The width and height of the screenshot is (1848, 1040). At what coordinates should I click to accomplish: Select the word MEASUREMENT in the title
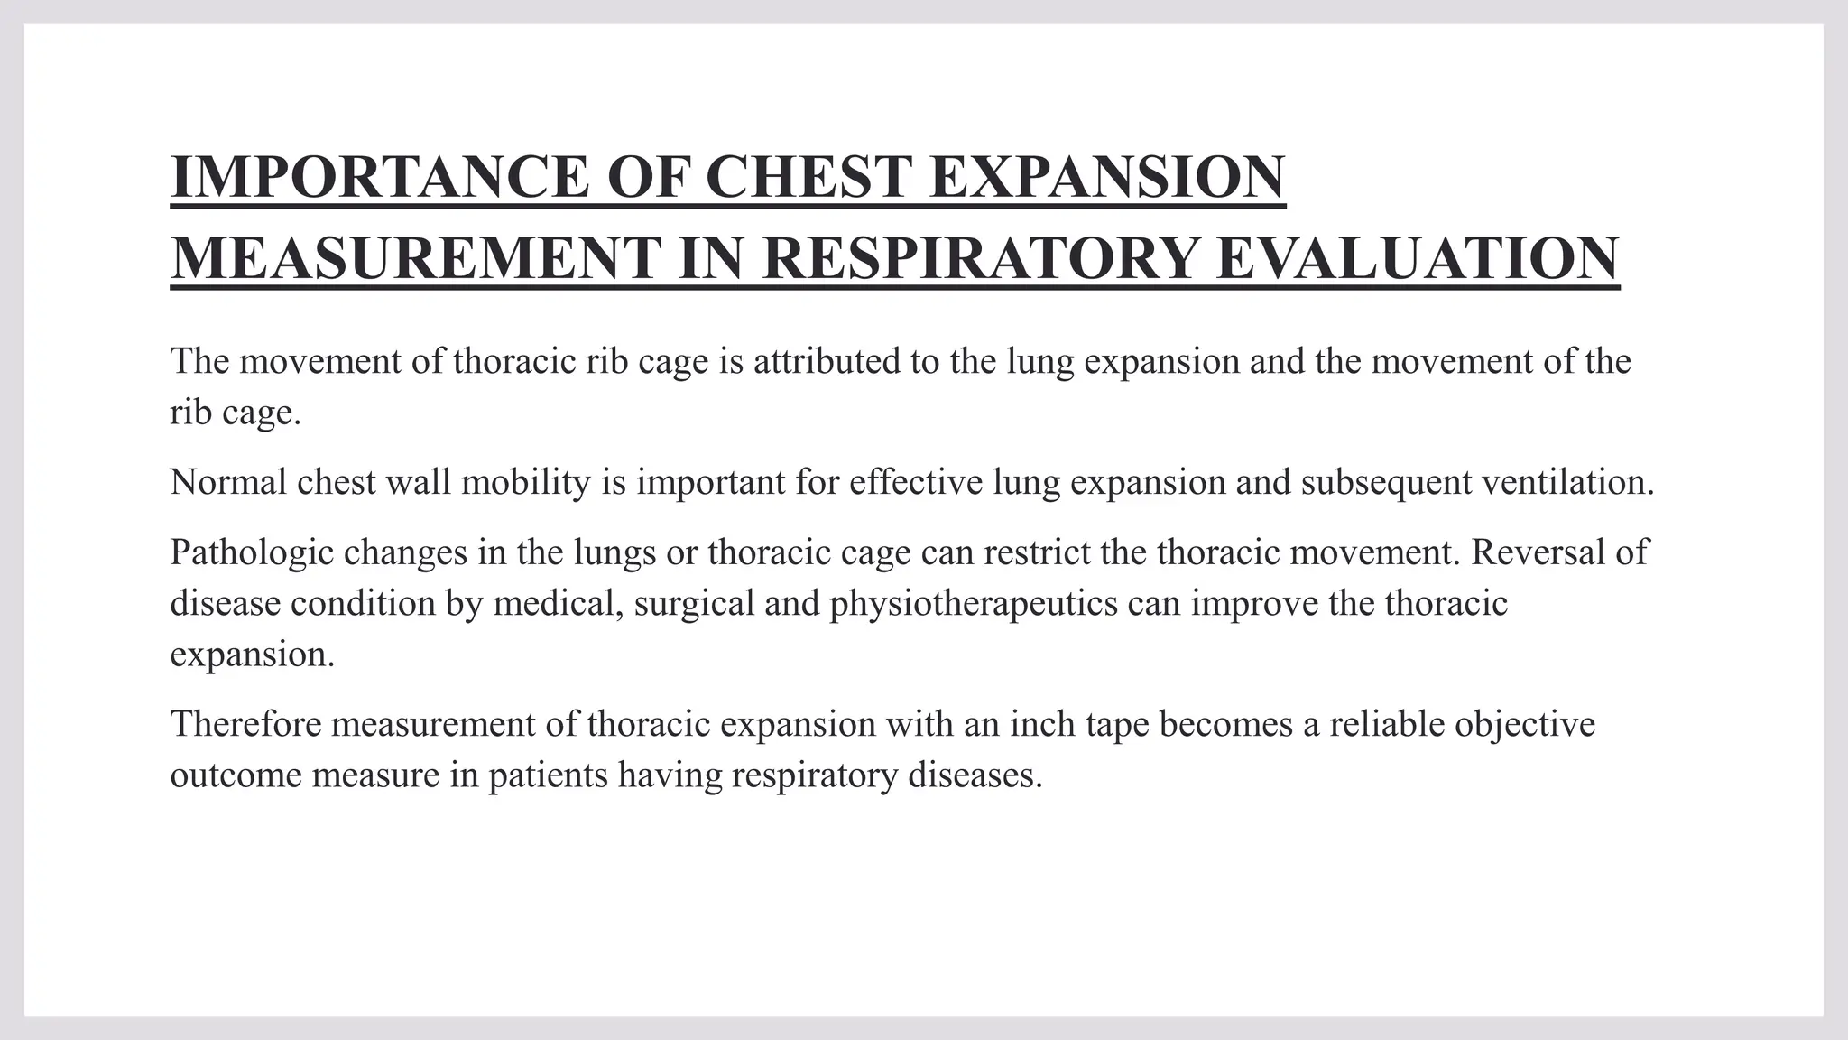coord(415,258)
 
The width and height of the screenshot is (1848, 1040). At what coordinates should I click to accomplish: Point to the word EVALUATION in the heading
coord(1418,258)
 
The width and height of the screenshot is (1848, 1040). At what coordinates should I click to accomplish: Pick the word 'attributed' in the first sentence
coord(829,361)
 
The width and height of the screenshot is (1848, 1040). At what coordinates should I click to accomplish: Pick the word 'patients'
coord(549,775)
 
